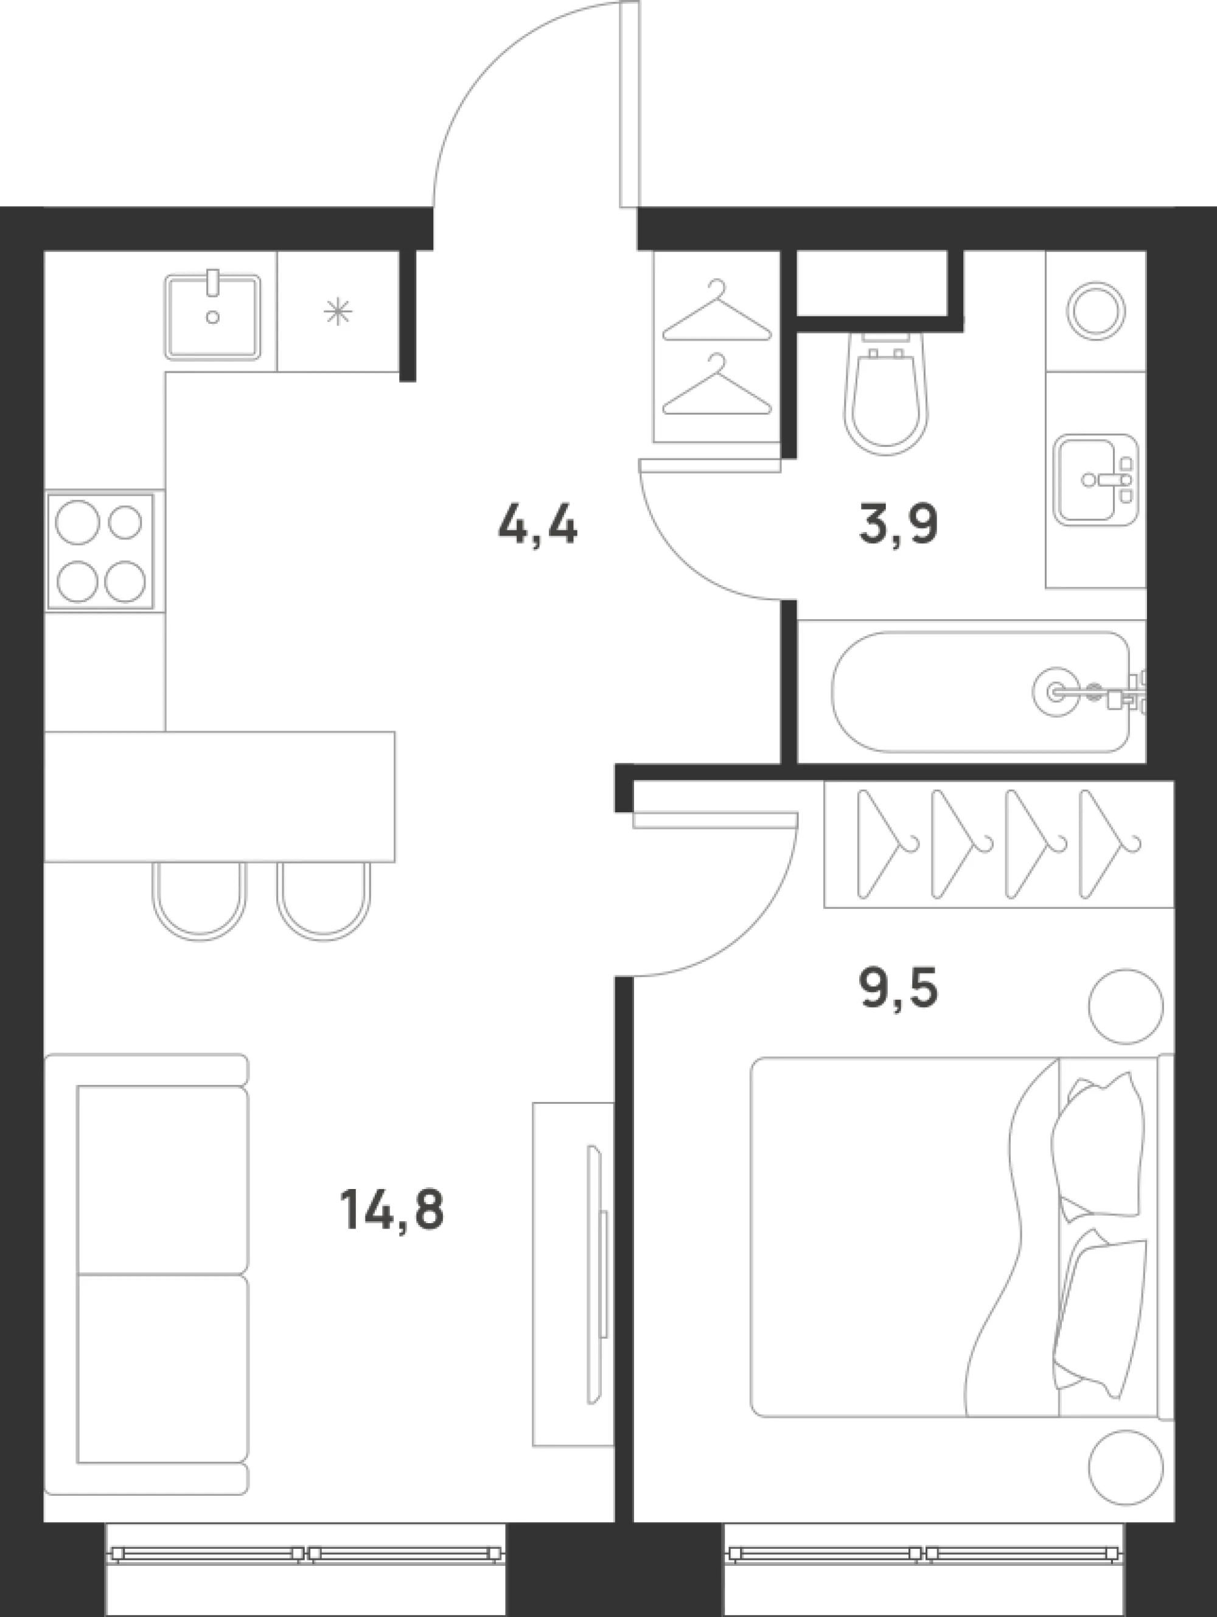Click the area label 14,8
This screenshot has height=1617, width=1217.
(391, 1210)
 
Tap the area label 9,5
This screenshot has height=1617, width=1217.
(899, 987)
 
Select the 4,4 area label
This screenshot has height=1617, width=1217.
(538, 525)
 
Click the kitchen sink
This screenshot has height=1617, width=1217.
(212, 317)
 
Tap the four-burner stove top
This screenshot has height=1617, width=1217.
(101, 551)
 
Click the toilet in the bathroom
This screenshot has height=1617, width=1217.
(886, 393)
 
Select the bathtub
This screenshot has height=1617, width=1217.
(981, 692)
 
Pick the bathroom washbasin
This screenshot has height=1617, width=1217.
(1097, 480)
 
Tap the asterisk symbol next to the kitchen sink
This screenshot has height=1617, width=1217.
(338, 312)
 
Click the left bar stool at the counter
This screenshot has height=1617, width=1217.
(200, 900)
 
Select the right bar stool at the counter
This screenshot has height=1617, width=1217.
(324, 900)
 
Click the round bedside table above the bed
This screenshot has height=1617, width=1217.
(1126, 1006)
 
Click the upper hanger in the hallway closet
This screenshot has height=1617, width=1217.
(717, 310)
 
